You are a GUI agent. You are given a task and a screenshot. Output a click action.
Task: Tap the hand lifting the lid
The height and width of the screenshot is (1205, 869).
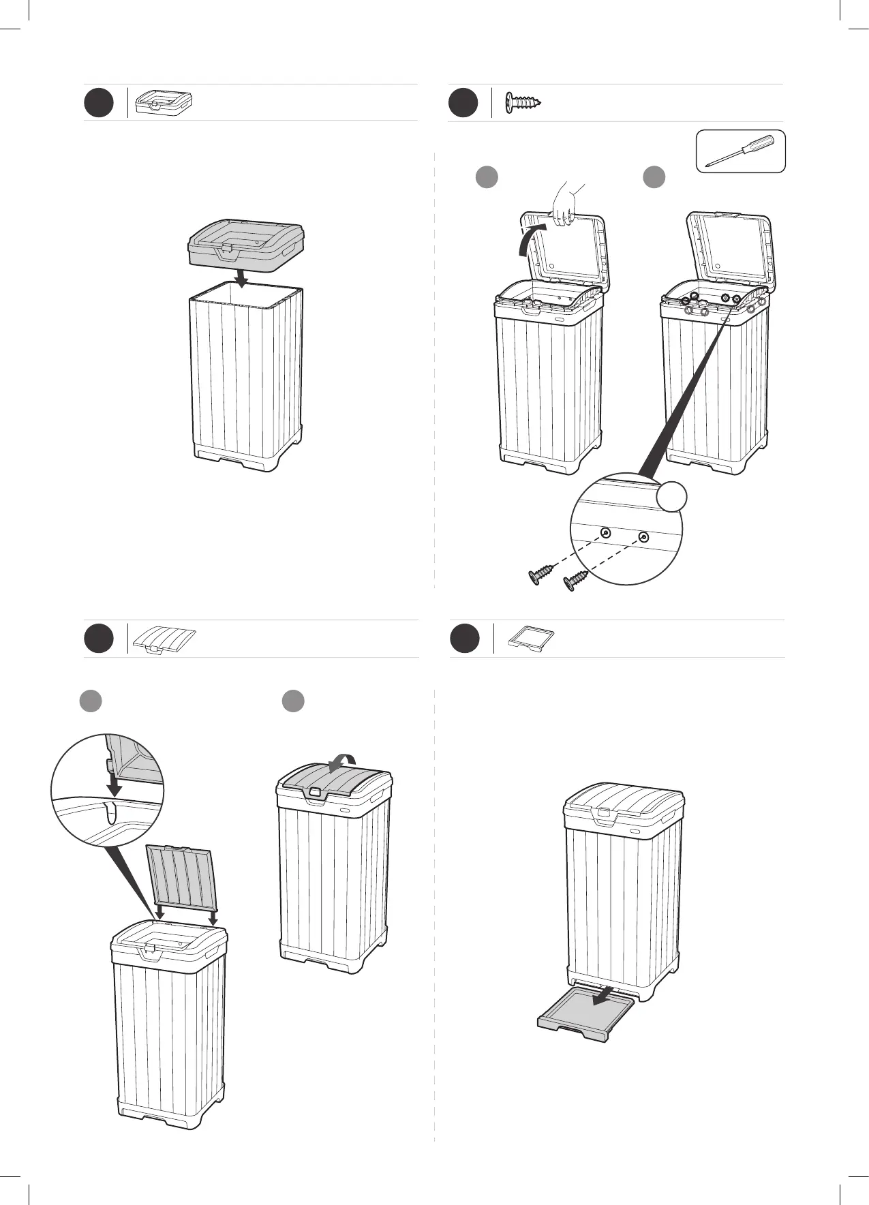click(x=565, y=204)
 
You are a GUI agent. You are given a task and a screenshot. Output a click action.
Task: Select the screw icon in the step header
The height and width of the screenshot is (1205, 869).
click(x=523, y=103)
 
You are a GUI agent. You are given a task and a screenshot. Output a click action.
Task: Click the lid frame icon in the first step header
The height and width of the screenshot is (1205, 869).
click(x=164, y=102)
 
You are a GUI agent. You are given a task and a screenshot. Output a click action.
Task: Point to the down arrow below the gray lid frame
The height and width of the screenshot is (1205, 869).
click(x=239, y=277)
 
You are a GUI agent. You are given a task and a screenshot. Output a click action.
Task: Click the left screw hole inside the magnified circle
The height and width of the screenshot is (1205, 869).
click(x=604, y=533)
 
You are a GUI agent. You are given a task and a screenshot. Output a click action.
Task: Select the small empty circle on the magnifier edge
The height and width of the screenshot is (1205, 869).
click(x=671, y=495)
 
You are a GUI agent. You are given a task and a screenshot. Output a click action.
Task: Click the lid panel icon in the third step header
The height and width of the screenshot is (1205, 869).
click(x=165, y=639)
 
